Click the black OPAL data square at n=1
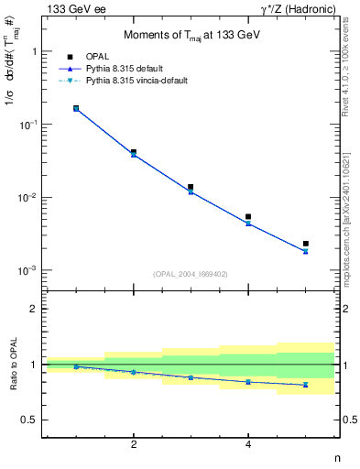pos(76,108)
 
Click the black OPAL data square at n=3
pos(191,187)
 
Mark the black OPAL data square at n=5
pos(305,244)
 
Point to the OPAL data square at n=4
pos(248,217)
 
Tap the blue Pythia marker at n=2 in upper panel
pos(134,154)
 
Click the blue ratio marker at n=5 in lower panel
pos(305,385)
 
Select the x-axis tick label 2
pos(134,444)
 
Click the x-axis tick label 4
pos(248,444)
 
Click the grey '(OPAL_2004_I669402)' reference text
pos(190,273)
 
